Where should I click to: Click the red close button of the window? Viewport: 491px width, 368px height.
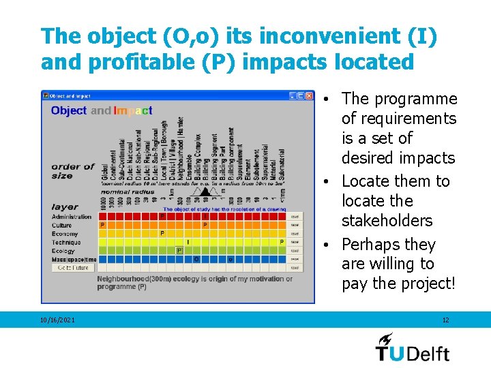pos(309,96)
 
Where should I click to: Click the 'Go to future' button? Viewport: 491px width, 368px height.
pos(71,268)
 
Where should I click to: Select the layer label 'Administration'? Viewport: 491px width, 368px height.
pos(72,217)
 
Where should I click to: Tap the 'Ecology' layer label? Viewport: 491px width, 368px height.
pos(63,251)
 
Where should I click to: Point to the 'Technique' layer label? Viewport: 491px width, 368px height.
pos(66,242)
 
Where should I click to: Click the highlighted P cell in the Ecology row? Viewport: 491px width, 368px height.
pos(179,251)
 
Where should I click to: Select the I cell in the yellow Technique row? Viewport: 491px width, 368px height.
pos(188,242)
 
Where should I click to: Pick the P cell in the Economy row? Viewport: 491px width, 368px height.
pos(162,233)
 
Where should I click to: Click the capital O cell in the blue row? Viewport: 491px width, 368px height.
pos(196,260)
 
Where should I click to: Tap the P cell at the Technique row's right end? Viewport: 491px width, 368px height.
pos(282,242)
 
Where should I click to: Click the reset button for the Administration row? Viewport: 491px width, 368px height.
pos(295,217)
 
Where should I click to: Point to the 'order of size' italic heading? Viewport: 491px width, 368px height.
pos(72,171)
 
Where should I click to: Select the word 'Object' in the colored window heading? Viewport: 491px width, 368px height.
pos(69,110)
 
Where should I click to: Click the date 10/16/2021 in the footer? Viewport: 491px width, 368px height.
pos(58,320)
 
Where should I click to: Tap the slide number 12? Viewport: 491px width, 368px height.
pos(445,320)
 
